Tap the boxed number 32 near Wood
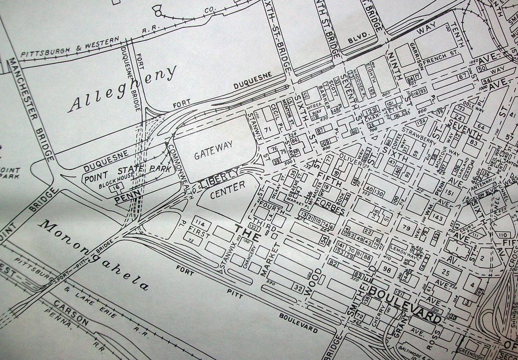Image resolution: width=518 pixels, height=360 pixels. coord(298,289)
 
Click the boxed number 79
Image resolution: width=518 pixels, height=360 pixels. coord(406,227)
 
